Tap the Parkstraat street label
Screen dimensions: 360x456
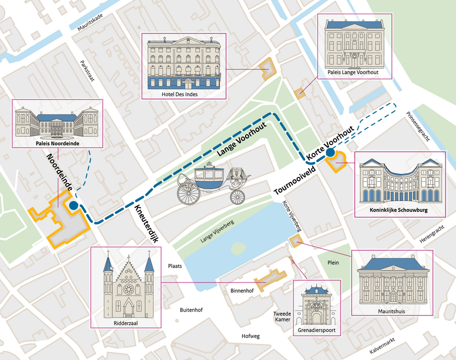(x=87, y=71)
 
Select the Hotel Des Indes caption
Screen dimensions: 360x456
(x=183, y=93)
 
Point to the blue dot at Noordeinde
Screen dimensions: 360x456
(x=73, y=206)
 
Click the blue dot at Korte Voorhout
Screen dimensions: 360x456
(x=330, y=153)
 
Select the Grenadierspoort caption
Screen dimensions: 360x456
(x=317, y=331)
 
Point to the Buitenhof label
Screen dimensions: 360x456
(x=191, y=310)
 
